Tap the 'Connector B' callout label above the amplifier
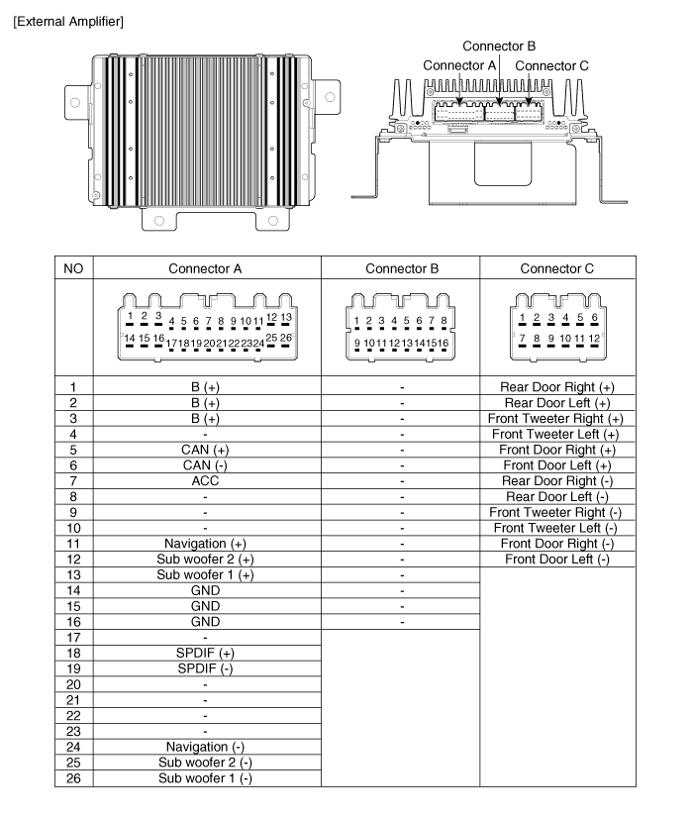click(500, 46)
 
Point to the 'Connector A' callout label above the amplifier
click(459, 65)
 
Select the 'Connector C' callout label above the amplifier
click(552, 65)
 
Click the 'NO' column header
click(73, 269)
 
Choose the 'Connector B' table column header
click(401, 269)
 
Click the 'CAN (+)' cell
click(206, 449)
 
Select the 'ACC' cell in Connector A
click(206, 480)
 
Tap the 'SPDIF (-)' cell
click(206, 668)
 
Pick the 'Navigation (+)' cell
click(206, 544)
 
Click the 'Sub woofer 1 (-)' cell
click(206, 778)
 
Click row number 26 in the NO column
click(73, 778)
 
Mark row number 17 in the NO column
click(73, 637)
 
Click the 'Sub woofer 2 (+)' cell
click(206, 560)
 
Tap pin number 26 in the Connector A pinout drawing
click(286, 338)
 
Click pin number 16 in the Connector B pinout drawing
click(444, 343)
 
